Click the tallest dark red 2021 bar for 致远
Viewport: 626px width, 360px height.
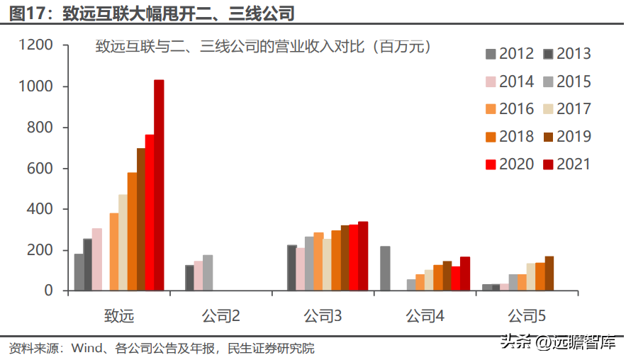coord(159,185)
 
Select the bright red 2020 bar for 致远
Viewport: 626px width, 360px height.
coord(150,213)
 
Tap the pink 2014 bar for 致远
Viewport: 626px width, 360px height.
coord(97,259)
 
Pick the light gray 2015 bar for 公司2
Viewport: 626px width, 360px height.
coord(208,273)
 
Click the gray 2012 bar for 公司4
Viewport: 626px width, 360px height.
coord(385,268)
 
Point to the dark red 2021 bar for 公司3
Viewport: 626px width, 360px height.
coord(363,256)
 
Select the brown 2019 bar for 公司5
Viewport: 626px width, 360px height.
coord(549,274)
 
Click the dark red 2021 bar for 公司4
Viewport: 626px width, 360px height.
coord(464,274)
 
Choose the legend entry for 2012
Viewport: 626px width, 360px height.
coord(510,53)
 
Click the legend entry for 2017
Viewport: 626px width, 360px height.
coord(567,109)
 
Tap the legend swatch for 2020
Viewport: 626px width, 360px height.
coord(491,164)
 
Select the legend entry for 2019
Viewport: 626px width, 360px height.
coord(567,137)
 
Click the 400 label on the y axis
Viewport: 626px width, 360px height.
coord(40,209)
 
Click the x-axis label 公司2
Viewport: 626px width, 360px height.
coord(220,316)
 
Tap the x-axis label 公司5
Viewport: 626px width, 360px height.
coord(527,316)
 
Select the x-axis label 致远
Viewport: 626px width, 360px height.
coord(119,316)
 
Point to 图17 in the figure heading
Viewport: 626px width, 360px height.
coord(26,13)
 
